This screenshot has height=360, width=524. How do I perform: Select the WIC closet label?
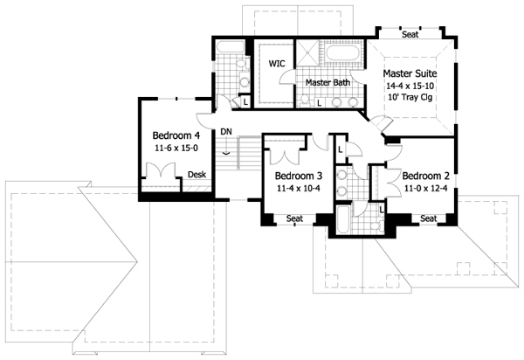[277, 64]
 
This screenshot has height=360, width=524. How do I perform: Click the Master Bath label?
[327, 83]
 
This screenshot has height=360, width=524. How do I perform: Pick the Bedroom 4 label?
[176, 136]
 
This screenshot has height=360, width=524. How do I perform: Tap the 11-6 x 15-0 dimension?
[176, 149]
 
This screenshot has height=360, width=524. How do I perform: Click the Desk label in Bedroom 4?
[197, 175]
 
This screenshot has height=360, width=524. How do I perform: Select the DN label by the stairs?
[226, 132]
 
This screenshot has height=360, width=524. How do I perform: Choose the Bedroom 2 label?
[426, 174]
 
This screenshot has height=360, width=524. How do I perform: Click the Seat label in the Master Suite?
[410, 36]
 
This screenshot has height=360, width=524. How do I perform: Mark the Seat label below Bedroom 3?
[294, 218]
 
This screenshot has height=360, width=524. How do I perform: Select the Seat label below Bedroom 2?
[428, 218]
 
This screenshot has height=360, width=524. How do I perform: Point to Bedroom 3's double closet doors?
[285, 155]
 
